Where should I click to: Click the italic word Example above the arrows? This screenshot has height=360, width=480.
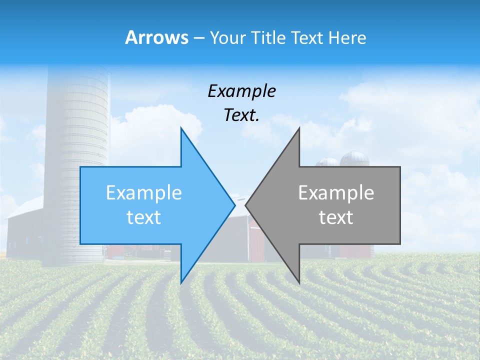[x=241, y=91]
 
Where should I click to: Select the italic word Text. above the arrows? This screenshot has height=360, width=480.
[x=241, y=115]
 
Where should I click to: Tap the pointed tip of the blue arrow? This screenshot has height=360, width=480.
[x=234, y=205]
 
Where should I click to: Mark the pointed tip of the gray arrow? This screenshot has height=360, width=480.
[x=246, y=205]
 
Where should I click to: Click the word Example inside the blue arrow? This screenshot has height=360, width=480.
[x=144, y=192]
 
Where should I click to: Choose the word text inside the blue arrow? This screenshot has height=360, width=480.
[x=144, y=217]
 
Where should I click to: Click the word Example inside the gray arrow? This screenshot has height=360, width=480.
[x=336, y=192]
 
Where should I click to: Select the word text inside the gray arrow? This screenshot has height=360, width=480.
[x=336, y=217]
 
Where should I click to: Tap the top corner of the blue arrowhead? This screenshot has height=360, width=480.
[x=181, y=128]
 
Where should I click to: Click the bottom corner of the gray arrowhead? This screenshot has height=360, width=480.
[x=299, y=282]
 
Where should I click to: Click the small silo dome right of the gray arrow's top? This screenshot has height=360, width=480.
[x=354, y=158]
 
